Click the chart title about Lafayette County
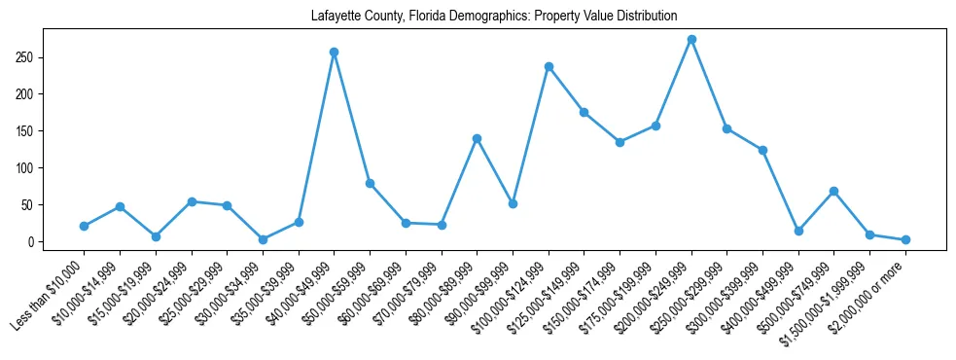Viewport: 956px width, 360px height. point(494,17)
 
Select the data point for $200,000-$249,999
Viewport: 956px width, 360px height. point(691,40)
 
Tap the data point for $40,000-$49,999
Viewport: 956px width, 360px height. point(334,52)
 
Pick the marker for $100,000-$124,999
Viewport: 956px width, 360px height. point(549,66)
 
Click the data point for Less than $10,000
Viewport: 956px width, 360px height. point(84,226)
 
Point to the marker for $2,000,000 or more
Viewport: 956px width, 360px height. point(905,239)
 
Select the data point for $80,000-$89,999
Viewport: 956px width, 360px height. point(477,138)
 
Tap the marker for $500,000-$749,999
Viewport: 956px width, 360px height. point(833,192)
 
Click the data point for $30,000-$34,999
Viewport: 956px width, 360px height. point(263,239)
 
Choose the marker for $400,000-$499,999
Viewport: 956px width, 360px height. point(798,232)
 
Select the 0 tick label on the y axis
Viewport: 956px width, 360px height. point(32,242)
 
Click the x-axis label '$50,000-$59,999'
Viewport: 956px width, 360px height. point(336,291)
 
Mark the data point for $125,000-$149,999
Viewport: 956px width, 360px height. point(584,112)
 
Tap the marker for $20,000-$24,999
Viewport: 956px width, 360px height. point(192,201)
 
